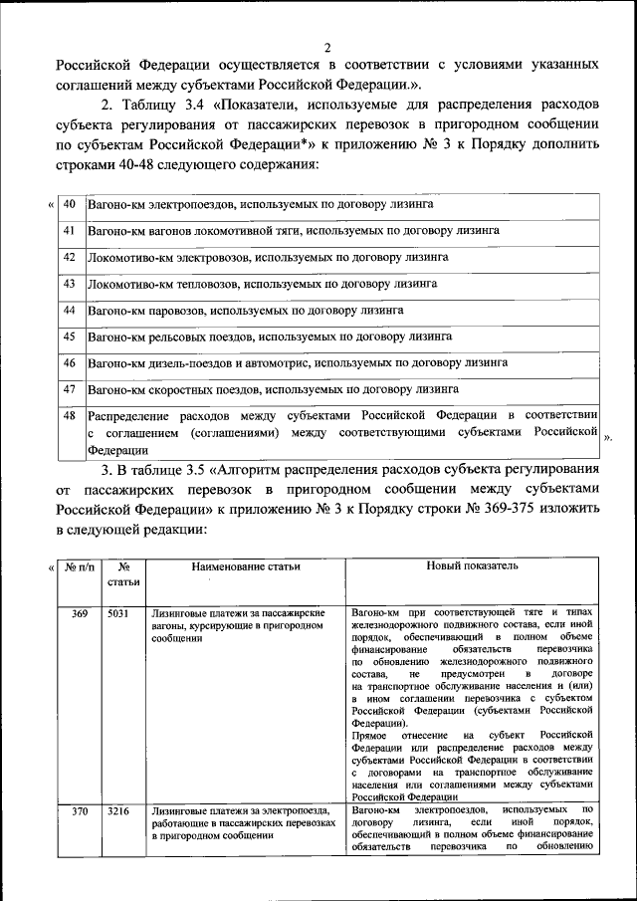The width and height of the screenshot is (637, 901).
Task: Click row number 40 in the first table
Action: pos(70,204)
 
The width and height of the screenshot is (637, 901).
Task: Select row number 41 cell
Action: pos(70,230)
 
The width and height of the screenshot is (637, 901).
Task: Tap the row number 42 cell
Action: pos(70,257)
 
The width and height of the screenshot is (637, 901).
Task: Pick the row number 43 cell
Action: pos(70,284)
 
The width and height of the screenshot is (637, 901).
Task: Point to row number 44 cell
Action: pos(70,310)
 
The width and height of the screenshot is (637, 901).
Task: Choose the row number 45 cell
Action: pos(70,337)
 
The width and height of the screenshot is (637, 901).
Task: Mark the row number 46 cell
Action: pos(70,362)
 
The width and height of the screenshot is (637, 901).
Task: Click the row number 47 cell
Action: pos(70,389)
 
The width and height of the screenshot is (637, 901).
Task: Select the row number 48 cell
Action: pos(70,415)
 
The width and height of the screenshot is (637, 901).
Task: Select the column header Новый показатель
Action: pos(473,565)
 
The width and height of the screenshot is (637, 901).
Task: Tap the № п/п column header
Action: pos(80,566)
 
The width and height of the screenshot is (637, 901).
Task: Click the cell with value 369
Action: pos(80,613)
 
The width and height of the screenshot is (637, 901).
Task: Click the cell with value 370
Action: pos(80,812)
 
